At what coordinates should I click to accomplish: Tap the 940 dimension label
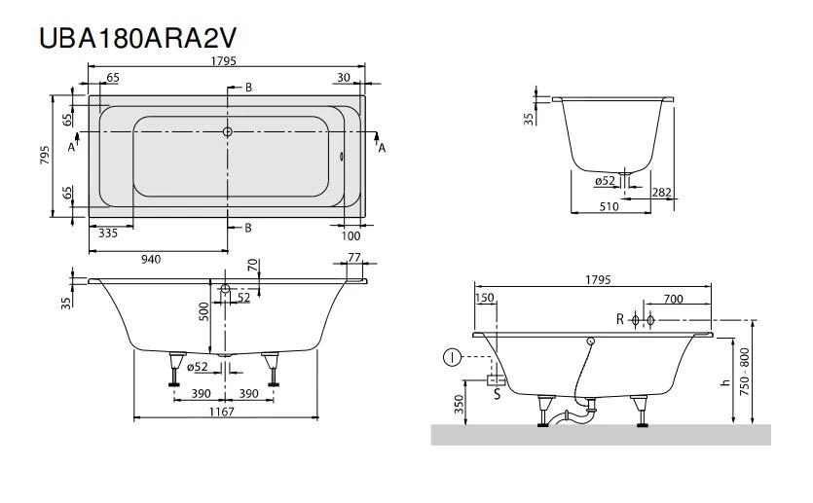click(152, 259)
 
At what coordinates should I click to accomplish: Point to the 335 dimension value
click(108, 234)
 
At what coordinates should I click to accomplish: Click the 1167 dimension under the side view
click(224, 412)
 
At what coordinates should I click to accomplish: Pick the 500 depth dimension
click(204, 311)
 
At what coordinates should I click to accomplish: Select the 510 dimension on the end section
click(609, 206)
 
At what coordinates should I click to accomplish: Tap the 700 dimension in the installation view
click(671, 299)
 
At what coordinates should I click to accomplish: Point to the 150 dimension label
click(484, 299)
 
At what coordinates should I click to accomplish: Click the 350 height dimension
click(460, 405)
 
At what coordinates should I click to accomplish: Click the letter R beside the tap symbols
click(619, 319)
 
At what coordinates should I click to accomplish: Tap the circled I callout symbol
click(451, 357)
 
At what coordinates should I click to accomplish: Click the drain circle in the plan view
click(227, 130)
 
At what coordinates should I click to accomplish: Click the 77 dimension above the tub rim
click(353, 258)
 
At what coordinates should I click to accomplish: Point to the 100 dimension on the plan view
click(351, 235)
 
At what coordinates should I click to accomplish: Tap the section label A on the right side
click(382, 147)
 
